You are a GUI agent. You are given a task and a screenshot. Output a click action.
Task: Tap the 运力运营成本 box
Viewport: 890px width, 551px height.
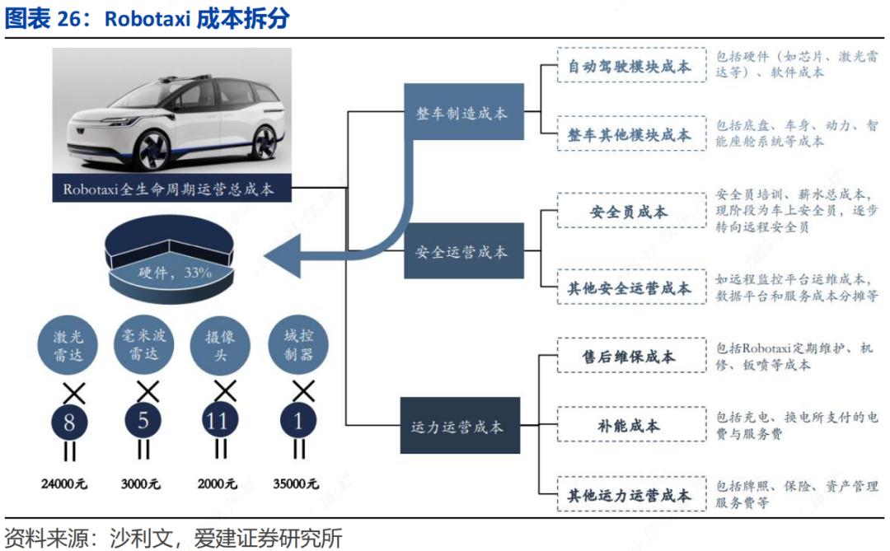click(460, 427)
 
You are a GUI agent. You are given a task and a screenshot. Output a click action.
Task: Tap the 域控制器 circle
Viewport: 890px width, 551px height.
click(298, 346)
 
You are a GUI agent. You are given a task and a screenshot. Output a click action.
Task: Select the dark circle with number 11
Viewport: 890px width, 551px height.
click(218, 423)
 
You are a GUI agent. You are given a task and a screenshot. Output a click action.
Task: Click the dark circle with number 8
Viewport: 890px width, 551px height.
click(70, 423)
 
